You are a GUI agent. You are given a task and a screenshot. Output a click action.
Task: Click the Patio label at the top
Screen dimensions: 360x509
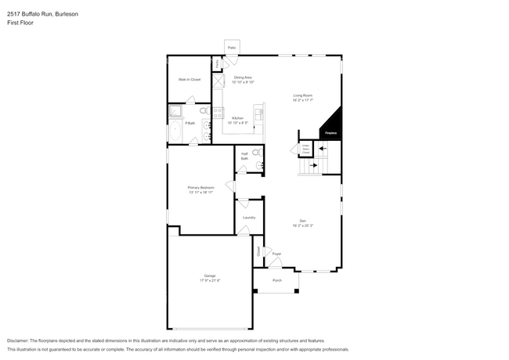pyautogui.click(x=232, y=48)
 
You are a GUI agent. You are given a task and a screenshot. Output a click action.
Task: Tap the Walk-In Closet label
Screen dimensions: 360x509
pyautogui.click(x=189, y=79)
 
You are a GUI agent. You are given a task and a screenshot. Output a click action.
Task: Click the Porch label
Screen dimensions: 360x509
pyautogui.click(x=277, y=280)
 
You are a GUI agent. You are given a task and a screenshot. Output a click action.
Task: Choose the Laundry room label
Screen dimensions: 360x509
pyautogui.click(x=249, y=218)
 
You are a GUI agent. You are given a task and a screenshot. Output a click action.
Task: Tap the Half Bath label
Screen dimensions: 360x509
pyautogui.click(x=244, y=156)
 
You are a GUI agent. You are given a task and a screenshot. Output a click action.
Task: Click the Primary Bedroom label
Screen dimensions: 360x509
pyautogui.click(x=200, y=188)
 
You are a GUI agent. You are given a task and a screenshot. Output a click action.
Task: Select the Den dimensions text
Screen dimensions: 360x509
pyautogui.click(x=302, y=225)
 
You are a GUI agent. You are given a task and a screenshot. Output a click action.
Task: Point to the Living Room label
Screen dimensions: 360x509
pyautogui.click(x=302, y=95)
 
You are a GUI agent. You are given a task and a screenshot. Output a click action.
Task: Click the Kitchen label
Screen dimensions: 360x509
pyautogui.click(x=237, y=119)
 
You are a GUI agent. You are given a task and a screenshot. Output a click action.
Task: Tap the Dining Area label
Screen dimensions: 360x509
pyautogui.click(x=243, y=77)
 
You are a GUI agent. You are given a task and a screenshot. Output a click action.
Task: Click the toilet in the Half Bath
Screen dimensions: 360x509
pyautogui.click(x=260, y=164)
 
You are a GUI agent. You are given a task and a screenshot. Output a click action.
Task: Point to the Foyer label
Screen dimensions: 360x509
pyautogui.click(x=276, y=254)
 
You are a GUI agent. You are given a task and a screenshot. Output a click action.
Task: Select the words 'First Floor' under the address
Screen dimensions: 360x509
pyautogui.click(x=20, y=23)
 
